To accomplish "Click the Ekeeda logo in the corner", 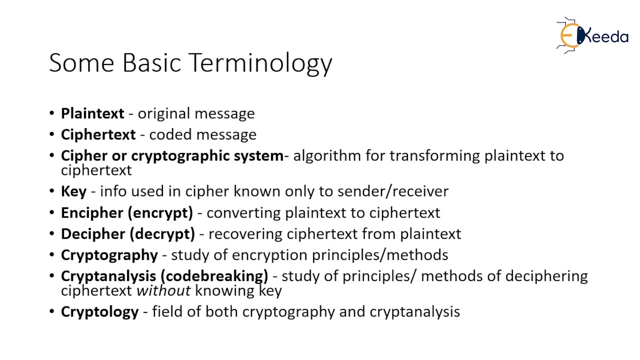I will click(592, 35).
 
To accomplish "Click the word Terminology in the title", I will click(260, 63).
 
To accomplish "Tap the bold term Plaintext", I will click(92, 113).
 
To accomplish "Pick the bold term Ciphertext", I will click(98, 134).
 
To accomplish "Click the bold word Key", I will click(73, 191).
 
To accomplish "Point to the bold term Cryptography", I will click(109, 255).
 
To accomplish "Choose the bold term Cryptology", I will click(99, 311).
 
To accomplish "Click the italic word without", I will click(163, 290).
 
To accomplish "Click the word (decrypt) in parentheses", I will click(162, 233).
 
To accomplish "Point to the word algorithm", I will click(327, 156).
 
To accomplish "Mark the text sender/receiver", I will click(392, 191).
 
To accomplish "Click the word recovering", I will click(245, 233).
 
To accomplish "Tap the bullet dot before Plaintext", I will click(52, 113).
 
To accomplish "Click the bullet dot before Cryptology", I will click(52, 311).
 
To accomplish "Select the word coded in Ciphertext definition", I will click(167, 134).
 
